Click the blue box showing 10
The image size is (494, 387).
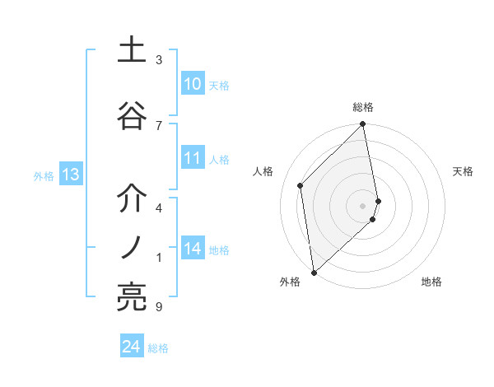(192, 84)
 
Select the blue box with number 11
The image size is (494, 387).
(192, 159)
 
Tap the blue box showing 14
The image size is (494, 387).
(192, 249)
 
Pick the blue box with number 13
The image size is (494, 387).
(70, 175)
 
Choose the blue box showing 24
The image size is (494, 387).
(131, 347)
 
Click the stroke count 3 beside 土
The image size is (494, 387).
(159, 60)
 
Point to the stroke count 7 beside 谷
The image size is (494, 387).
(159, 125)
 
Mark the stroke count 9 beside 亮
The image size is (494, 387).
(159, 307)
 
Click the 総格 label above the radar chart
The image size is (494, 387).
(363, 107)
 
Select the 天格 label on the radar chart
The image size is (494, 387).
(463, 171)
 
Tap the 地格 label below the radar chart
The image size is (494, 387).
(431, 282)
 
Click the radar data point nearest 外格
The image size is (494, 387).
(314, 272)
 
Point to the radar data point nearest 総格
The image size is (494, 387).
(363, 125)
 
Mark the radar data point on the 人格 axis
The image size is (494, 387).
(301, 185)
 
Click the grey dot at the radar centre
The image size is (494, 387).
(363, 205)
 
